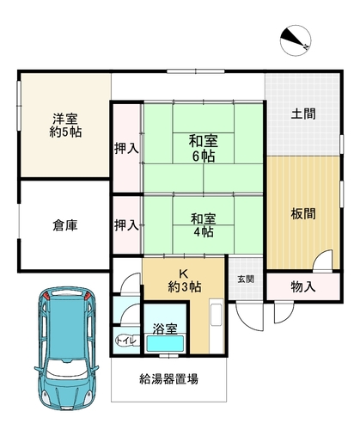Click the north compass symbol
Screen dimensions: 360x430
296,40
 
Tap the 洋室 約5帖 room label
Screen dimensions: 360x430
65,126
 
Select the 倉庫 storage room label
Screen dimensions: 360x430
65,225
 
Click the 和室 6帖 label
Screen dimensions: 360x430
204,149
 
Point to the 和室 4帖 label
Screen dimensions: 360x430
204,225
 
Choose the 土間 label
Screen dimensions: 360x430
303,114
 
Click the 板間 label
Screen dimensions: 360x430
303,214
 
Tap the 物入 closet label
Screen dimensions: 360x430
303,286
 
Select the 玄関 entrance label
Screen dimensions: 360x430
246,279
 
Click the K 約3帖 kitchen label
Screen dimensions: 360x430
184,280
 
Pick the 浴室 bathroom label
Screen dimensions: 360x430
165,329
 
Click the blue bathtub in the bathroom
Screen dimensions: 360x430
165,343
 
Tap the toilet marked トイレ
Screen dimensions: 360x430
128,341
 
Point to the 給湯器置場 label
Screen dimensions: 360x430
169,379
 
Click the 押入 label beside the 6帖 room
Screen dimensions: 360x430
126,149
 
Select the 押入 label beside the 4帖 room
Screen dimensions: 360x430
126,225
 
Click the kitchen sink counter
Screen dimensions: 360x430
217,326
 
